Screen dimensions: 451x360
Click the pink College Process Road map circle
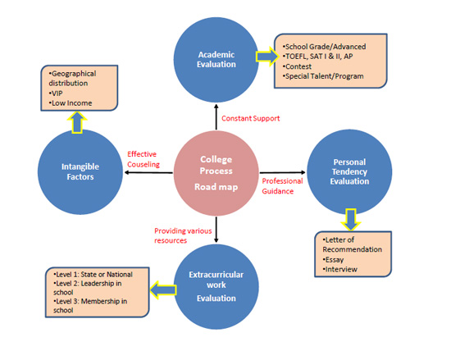point(216,173)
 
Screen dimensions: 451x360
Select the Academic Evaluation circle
point(216,60)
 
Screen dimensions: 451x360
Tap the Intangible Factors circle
point(80,172)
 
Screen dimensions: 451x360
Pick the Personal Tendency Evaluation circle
point(349,172)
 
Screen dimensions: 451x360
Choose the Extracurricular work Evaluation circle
point(216,287)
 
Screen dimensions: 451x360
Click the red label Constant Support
point(251,118)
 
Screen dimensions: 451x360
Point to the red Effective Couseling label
point(143,159)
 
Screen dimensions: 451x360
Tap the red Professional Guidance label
point(282,186)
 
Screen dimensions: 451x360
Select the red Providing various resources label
point(183,235)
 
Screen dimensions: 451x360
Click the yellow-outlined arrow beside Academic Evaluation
point(267,57)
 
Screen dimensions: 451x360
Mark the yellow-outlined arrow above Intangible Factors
point(77,122)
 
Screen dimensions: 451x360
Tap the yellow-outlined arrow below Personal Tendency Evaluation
point(351,220)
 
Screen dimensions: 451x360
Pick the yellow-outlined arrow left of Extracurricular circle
point(163,289)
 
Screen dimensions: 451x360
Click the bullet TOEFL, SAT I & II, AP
point(317,57)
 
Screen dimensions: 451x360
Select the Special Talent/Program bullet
point(323,76)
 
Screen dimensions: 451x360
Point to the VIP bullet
point(56,93)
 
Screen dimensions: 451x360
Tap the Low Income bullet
point(71,103)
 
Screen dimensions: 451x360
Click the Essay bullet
point(333,260)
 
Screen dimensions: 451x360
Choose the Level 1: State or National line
point(93,275)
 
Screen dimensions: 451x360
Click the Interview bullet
point(339,270)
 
